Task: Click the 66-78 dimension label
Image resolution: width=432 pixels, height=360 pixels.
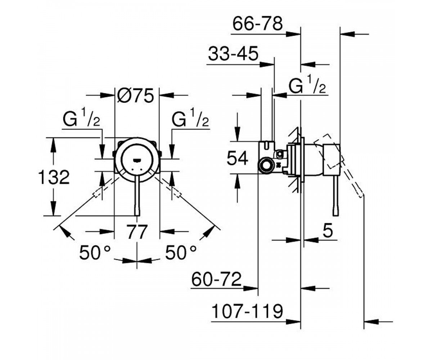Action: click(258, 24)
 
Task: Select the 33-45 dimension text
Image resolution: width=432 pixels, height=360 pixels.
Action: click(233, 54)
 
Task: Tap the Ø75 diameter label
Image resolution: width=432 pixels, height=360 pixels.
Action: click(135, 95)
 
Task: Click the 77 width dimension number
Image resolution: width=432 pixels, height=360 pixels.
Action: click(137, 232)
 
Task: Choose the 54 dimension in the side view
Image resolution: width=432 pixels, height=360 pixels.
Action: click(237, 158)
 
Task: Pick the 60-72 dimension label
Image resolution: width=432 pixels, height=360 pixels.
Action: click(216, 279)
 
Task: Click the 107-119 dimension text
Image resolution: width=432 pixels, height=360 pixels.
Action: click(247, 311)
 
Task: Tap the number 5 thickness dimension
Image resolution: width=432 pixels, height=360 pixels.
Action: click(328, 230)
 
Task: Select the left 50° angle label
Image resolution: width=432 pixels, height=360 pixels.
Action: click(95, 252)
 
